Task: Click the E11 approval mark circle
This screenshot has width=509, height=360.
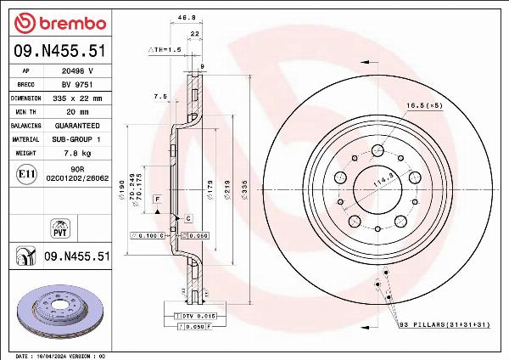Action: coord(26,174)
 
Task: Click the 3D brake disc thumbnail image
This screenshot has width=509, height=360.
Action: coord(59,309)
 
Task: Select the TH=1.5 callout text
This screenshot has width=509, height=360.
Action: coord(166,50)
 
